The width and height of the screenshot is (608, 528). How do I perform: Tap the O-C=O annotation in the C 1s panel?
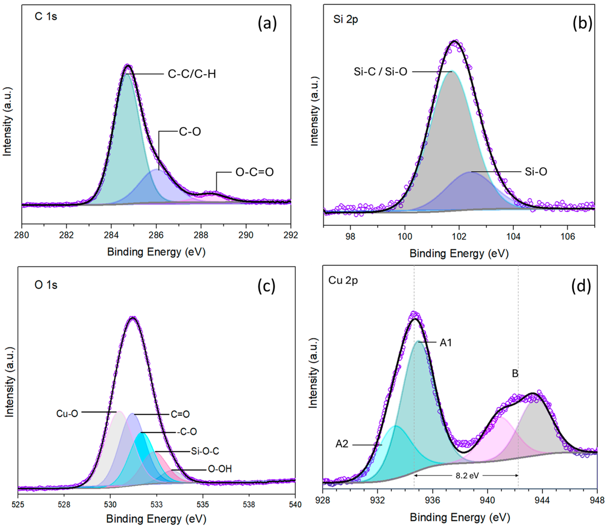(255, 172)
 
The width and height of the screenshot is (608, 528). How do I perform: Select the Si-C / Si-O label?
(381, 72)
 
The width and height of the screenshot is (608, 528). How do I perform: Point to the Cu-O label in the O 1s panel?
(67, 414)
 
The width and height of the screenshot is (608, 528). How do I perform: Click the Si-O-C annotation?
(205, 451)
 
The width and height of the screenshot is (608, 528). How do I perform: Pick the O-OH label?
(220, 469)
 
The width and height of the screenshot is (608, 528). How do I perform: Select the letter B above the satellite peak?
(515, 374)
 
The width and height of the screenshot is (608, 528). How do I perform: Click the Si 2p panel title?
(346, 19)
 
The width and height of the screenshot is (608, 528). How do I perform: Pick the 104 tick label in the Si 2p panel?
(513, 236)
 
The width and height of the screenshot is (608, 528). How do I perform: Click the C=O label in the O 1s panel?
(180, 414)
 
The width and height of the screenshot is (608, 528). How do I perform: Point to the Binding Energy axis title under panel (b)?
(459, 253)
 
